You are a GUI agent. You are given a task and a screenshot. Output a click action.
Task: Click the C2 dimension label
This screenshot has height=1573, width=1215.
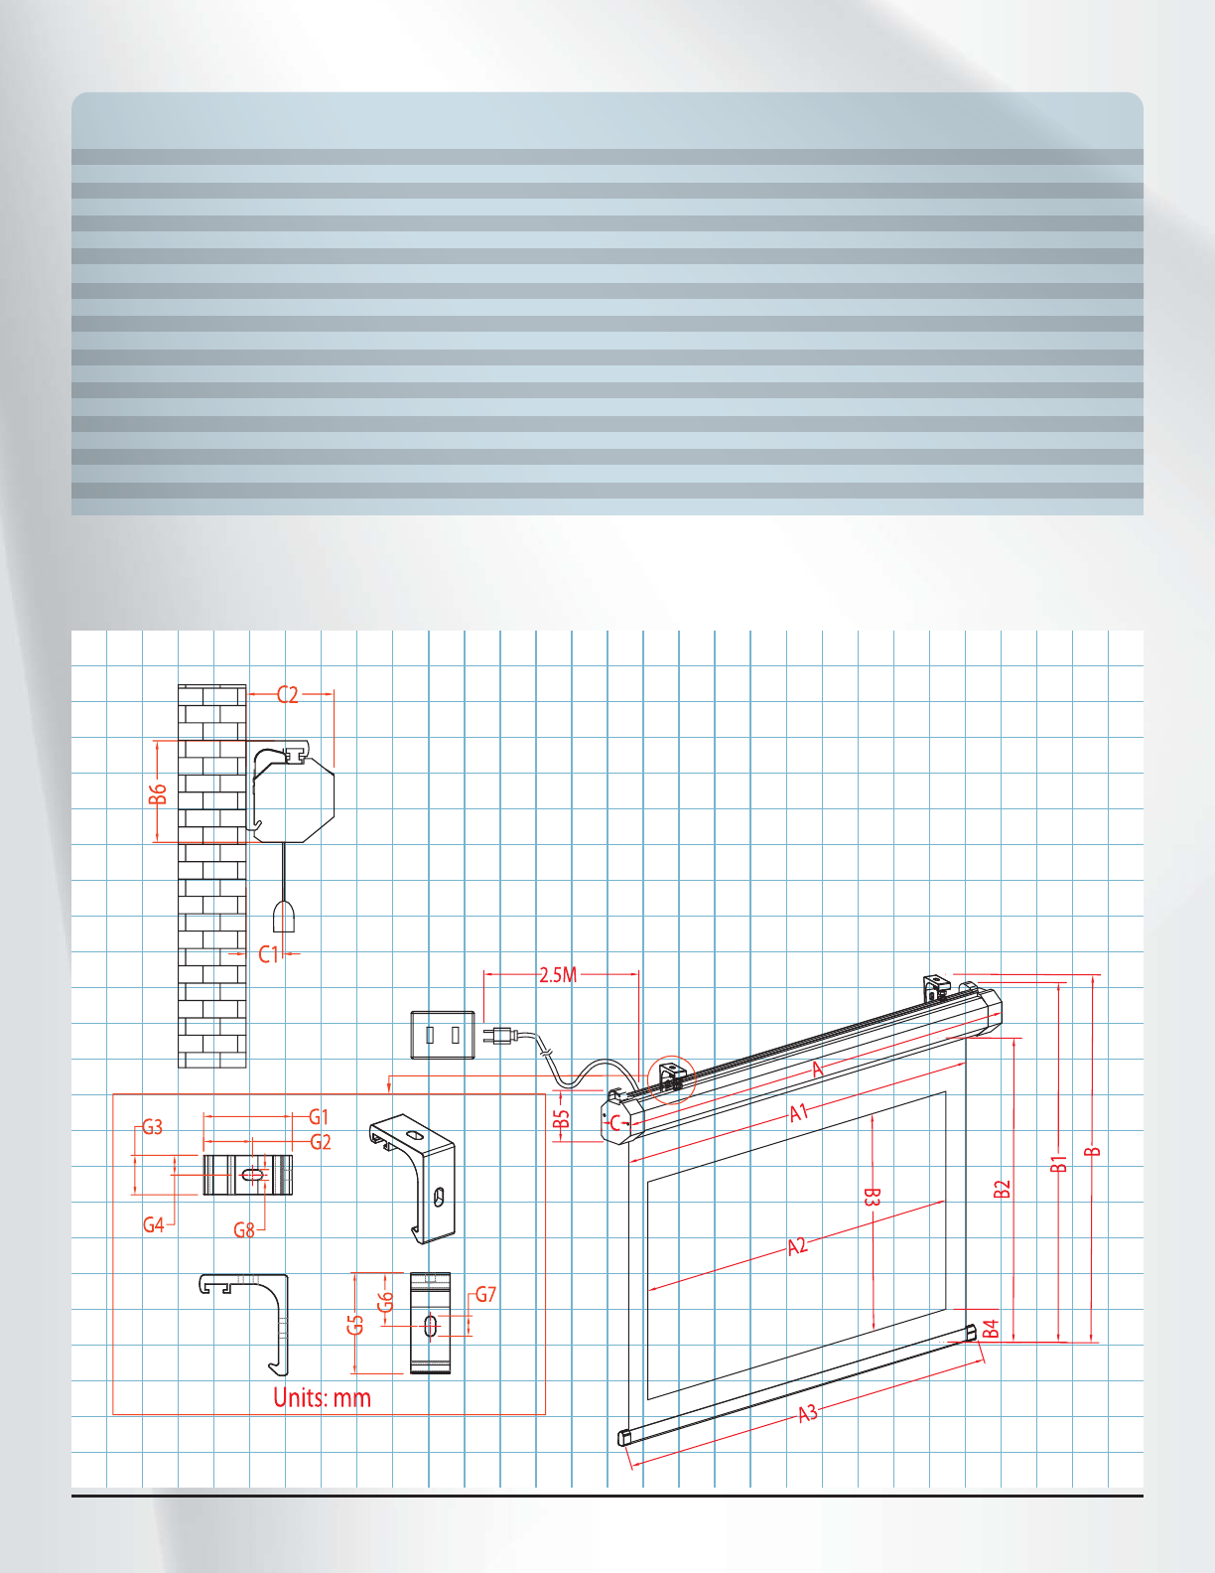[287, 695]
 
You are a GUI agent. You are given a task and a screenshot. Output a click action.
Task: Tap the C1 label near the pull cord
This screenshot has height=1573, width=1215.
[269, 954]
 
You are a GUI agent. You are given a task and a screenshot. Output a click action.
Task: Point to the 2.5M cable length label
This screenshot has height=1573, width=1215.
[558, 975]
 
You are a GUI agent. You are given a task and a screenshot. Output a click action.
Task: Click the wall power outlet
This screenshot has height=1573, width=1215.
[443, 1036]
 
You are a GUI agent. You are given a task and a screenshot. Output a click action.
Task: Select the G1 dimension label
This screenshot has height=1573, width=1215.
[319, 1117]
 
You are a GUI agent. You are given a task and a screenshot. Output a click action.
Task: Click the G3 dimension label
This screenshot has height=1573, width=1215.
[152, 1127]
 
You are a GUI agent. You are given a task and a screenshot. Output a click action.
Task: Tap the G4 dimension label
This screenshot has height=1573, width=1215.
[153, 1224]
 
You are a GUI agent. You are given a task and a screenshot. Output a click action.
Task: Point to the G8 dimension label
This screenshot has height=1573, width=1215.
[244, 1229]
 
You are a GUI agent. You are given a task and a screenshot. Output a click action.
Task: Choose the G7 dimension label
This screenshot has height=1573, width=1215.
[485, 1294]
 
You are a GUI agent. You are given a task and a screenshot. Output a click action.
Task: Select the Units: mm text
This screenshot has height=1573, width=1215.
[322, 1398]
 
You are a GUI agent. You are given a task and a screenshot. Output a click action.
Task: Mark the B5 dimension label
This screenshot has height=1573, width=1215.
[562, 1119]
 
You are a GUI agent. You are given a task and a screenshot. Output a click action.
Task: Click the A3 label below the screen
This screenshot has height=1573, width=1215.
[808, 1412]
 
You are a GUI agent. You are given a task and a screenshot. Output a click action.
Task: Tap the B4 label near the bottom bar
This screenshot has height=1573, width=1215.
[990, 1329]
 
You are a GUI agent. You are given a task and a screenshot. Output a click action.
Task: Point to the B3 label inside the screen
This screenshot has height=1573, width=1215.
[871, 1198]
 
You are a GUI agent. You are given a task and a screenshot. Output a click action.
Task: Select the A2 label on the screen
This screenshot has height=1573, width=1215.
[798, 1245]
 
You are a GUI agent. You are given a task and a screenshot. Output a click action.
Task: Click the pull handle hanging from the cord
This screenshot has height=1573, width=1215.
[284, 918]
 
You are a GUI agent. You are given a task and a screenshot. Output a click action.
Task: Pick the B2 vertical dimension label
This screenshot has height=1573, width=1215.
[1003, 1189]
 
